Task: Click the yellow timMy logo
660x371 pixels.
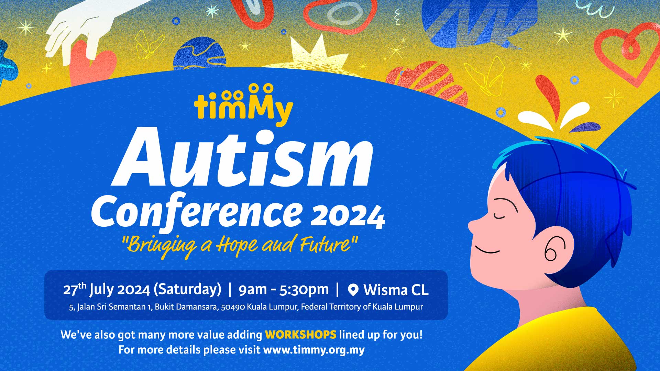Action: tap(243, 105)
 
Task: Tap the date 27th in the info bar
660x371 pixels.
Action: tap(74, 289)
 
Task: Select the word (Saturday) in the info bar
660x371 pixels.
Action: tap(187, 289)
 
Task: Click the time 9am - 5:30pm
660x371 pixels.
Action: tap(284, 290)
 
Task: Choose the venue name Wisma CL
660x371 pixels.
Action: tap(396, 290)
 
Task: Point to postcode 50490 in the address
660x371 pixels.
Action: tap(233, 307)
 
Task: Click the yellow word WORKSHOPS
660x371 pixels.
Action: tap(300, 334)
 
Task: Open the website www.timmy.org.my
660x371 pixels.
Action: tap(313, 350)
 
